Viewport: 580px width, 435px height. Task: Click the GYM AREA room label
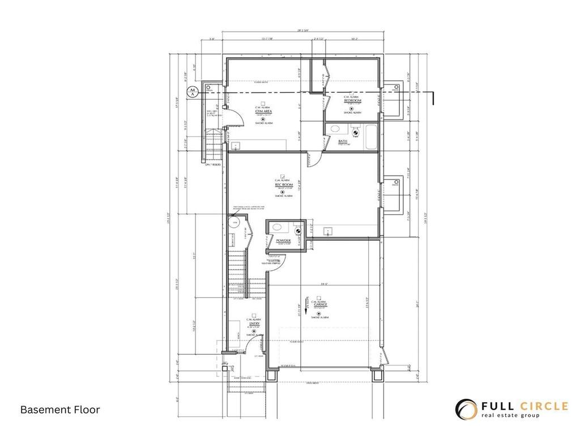point(263,112)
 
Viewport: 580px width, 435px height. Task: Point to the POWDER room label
point(283,241)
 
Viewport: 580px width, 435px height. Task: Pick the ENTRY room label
point(254,323)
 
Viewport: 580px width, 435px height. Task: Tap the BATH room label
point(343,141)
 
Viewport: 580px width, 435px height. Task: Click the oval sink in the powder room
point(278,227)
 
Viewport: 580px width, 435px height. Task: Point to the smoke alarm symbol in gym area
point(263,119)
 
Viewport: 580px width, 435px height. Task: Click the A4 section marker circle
point(192,91)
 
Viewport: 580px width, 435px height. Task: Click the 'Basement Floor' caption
point(60,409)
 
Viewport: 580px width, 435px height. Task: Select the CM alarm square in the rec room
point(283,176)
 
